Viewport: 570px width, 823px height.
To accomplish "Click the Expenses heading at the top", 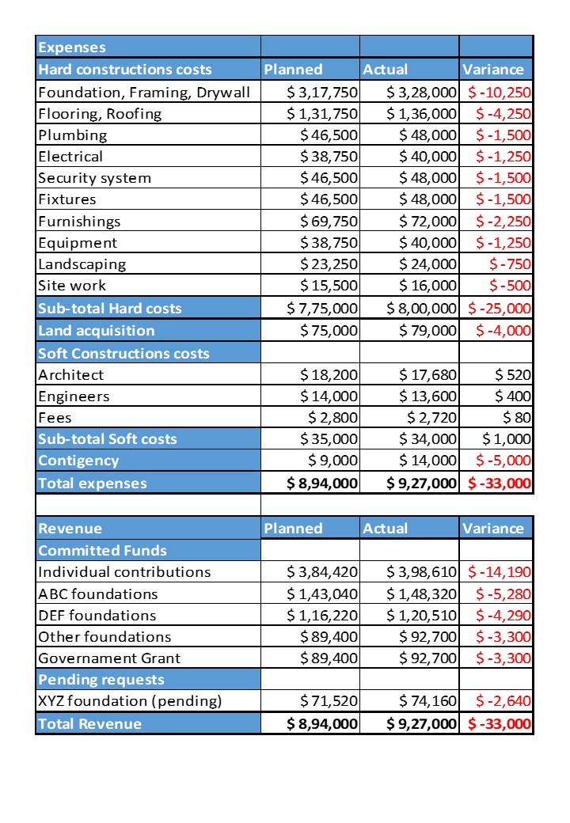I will (x=72, y=47).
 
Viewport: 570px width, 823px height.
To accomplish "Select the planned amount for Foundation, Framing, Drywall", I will (x=321, y=92).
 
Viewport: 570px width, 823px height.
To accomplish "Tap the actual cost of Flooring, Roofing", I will (x=421, y=113).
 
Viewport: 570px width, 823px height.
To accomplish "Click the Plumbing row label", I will (x=72, y=135).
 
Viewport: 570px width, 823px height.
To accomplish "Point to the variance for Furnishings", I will (x=500, y=221).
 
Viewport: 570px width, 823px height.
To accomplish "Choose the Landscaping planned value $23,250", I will (x=329, y=264).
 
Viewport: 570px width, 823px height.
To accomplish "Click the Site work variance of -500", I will (x=510, y=286).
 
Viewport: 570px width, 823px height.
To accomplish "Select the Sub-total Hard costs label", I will (x=110, y=308).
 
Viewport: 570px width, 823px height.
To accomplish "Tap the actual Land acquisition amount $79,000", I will (x=427, y=330).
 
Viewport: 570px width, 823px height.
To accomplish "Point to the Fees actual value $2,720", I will (x=431, y=417).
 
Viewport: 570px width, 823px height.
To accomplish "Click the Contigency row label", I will (x=79, y=461).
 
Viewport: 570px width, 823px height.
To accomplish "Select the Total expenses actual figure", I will (x=421, y=483).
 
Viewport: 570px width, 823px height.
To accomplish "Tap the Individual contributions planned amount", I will (x=321, y=571).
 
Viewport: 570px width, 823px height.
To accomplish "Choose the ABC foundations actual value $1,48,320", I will (x=421, y=594).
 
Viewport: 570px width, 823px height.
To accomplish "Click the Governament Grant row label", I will (x=109, y=658).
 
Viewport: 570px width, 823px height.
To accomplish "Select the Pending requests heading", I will (x=101, y=679).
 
